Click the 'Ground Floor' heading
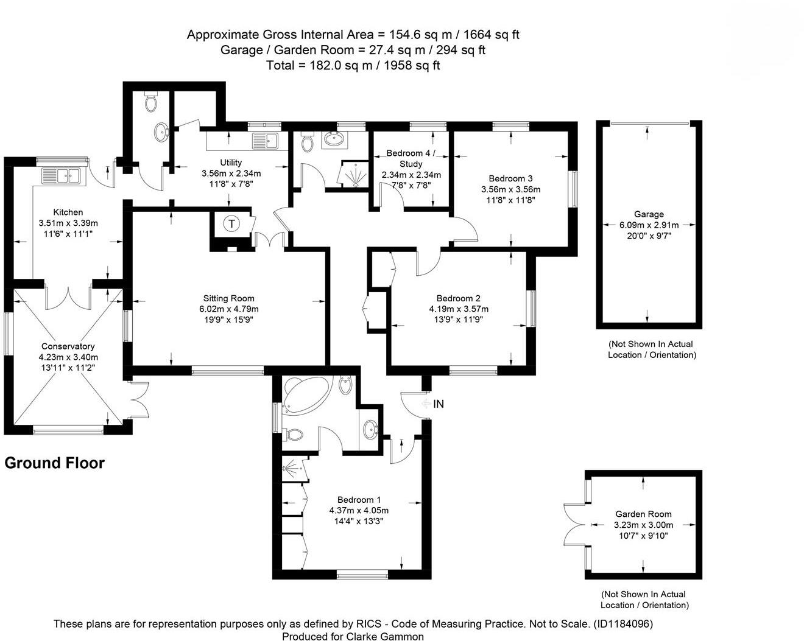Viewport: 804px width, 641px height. (x=55, y=463)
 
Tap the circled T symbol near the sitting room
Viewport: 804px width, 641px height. (x=231, y=223)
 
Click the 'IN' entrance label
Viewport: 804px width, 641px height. (x=439, y=404)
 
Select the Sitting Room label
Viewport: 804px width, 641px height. (x=229, y=298)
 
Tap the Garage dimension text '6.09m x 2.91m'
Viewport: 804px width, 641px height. (x=649, y=225)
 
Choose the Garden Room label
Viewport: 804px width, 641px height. (x=643, y=514)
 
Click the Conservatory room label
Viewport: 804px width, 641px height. (x=68, y=346)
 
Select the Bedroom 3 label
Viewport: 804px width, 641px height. (x=510, y=178)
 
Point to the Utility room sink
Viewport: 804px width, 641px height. (x=266, y=141)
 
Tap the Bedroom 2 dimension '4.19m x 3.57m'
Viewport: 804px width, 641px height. (x=459, y=309)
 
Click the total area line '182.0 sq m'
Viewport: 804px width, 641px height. (x=353, y=65)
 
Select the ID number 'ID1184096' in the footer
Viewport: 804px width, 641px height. (x=621, y=623)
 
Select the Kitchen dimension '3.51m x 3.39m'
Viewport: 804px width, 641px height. (x=68, y=223)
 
